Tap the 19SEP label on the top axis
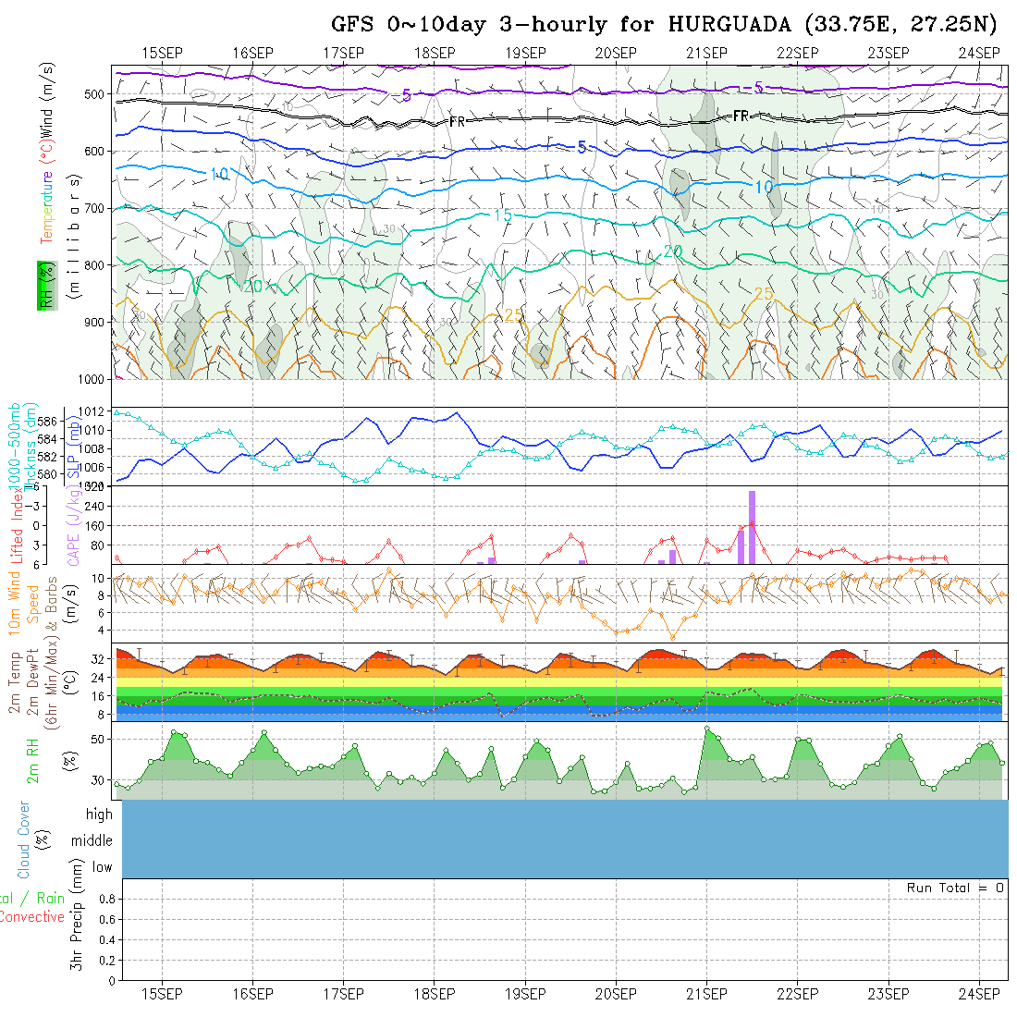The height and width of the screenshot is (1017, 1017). [525, 53]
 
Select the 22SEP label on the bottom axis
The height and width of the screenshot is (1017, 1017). [797, 994]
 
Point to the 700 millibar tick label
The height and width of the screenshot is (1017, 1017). [94, 208]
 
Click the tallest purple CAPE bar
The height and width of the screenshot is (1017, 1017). [753, 527]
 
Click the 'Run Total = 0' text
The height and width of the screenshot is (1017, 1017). [955, 888]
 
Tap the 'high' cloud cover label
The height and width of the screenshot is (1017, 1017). [99, 815]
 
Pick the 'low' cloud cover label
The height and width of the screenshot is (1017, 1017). [102, 867]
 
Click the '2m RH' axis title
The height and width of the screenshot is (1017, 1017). [34, 761]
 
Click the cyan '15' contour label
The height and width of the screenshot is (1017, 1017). [502, 215]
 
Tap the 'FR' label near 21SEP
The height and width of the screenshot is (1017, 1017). [740, 116]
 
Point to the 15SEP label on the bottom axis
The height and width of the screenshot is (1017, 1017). [162, 994]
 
